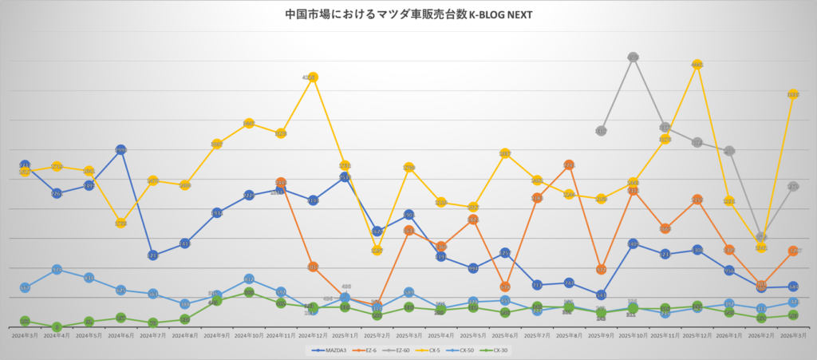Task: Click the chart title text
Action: click(x=408, y=14)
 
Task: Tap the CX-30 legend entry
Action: click(x=495, y=350)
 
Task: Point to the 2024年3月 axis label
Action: click(x=25, y=337)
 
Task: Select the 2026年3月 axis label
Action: click(x=793, y=337)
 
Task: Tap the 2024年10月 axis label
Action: click(x=248, y=337)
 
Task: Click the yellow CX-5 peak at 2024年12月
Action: click(x=312, y=77)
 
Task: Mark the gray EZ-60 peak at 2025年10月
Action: click(x=633, y=57)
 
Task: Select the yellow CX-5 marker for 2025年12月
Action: click(x=697, y=65)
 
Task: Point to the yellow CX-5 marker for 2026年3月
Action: click(x=793, y=94)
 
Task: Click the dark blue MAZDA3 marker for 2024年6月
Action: click(x=120, y=149)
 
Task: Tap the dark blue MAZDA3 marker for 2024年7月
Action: click(x=152, y=255)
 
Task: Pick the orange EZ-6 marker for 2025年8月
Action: click(x=569, y=164)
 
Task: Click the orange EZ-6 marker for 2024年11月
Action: click(x=280, y=183)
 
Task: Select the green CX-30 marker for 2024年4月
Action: click(x=57, y=326)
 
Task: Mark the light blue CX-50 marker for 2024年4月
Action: click(x=57, y=270)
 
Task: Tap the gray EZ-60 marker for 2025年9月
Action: click(x=601, y=130)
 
